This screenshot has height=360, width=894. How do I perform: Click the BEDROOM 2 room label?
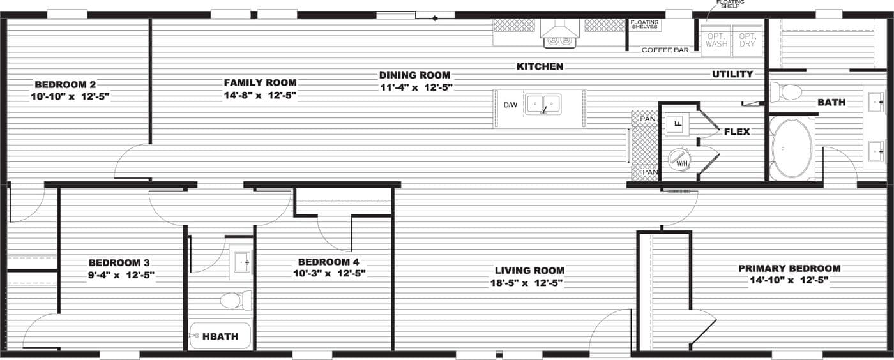coord(65,84)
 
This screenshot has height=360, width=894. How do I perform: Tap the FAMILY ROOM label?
coord(260,82)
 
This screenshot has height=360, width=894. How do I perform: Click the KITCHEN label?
coord(540,66)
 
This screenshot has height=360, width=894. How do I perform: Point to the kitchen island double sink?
coord(543,104)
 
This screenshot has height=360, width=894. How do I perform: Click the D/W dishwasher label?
coord(510,105)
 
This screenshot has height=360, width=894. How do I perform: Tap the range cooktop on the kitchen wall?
coord(560,40)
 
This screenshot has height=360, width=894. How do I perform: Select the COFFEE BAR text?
coord(665,50)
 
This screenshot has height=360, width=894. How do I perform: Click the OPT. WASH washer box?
coord(716,40)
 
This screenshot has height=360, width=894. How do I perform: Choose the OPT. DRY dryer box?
coord(746,40)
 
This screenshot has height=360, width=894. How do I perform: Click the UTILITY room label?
coord(732,74)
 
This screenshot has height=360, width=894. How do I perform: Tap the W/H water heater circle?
coord(679,158)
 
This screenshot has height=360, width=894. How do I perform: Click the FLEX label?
coord(736,132)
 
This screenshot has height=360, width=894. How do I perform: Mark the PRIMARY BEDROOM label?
coord(789,269)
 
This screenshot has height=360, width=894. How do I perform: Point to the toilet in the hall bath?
coord(237,300)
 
